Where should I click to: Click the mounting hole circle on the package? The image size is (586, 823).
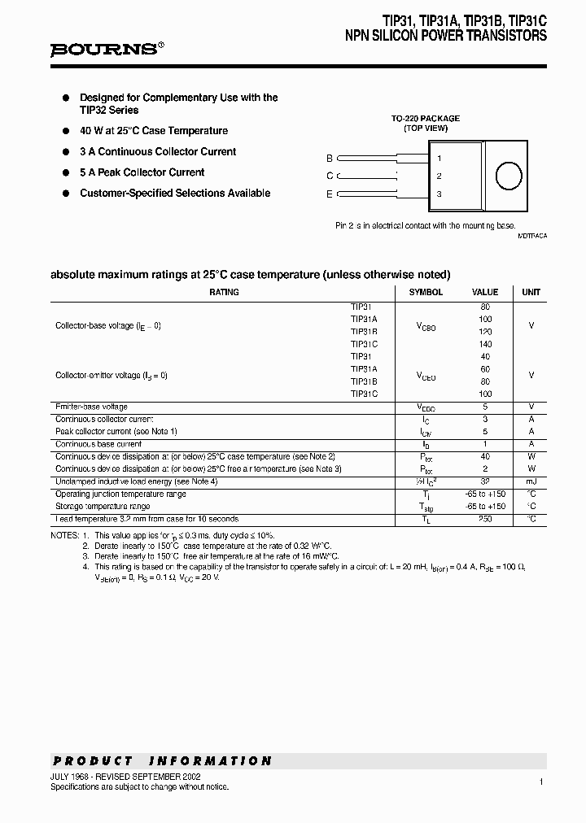pyautogui.click(x=509, y=176)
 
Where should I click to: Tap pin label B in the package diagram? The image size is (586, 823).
pyautogui.click(x=330, y=159)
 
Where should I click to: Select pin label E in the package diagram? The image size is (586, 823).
pyautogui.click(x=330, y=194)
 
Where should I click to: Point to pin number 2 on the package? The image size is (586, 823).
pyautogui.click(x=439, y=176)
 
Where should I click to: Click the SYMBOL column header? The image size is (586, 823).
pyautogui.click(x=426, y=292)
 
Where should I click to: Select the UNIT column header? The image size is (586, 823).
pyautogui.click(x=531, y=292)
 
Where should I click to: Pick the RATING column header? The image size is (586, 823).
pyautogui.click(x=224, y=292)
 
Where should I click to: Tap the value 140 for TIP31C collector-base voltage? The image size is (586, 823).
pyautogui.click(x=485, y=344)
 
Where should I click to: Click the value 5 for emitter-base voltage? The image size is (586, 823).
pyautogui.click(x=485, y=407)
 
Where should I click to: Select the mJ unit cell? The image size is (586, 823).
pyautogui.click(x=531, y=481)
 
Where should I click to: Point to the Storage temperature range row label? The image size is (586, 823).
pyautogui.click(x=103, y=507)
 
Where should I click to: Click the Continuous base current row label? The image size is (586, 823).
pyautogui.click(x=98, y=444)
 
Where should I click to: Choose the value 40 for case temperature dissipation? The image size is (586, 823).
pyautogui.click(x=485, y=457)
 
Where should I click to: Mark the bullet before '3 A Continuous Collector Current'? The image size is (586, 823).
pyautogui.click(x=66, y=152)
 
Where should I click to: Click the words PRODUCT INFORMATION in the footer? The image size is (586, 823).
pyautogui.click(x=162, y=761)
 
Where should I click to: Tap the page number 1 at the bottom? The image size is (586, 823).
pyautogui.click(x=540, y=782)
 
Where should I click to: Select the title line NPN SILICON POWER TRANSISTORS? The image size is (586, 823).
pyautogui.click(x=446, y=37)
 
